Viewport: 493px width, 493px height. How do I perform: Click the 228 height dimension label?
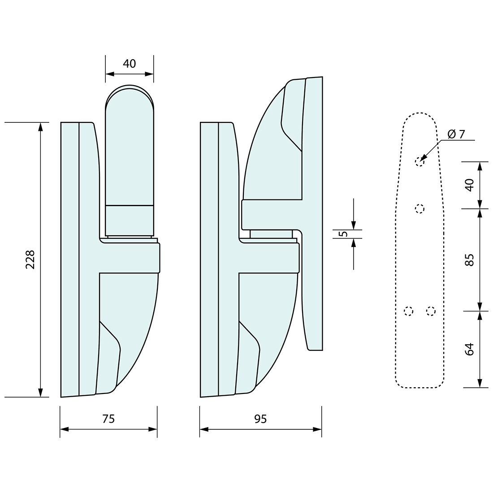pyautogui.click(x=30, y=259)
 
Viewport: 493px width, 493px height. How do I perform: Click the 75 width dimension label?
pyautogui.click(x=108, y=419)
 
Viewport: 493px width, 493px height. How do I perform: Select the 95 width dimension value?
pyautogui.click(x=260, y=419)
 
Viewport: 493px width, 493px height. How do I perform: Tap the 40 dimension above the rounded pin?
pyautogui.click(x=129, y=64)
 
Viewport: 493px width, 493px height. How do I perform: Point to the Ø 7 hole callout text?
pyautogui.click(x=456, y=134)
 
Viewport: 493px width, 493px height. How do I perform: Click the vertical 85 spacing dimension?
pyautogui.click(x=469, y=259)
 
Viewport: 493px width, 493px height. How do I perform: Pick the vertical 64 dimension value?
pyautogui.click(x=469, y=349)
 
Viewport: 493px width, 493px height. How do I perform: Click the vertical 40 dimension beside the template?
pyautogui.click(x=469, y=185)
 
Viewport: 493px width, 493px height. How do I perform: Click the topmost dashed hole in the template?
pyautogui.click(x=419, y=161)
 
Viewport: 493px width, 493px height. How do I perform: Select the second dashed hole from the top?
pyautogui.click(x=419, y=208)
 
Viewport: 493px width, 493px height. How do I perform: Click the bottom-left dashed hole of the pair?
pyautogui.click(x=408, y=311)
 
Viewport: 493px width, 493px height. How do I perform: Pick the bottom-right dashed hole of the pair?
pyautogui.click(x=431, y=311)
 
